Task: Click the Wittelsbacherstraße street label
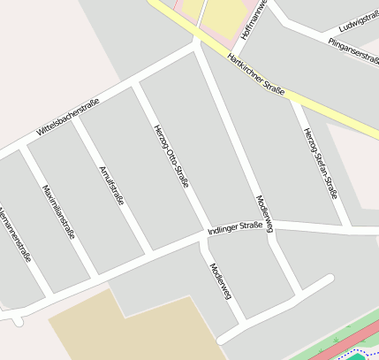click(x=68, y=117)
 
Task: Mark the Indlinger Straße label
click(x=234, y=230)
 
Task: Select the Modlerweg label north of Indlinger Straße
click(x=264, y=213)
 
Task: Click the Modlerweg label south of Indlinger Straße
click(x=221, y=282)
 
